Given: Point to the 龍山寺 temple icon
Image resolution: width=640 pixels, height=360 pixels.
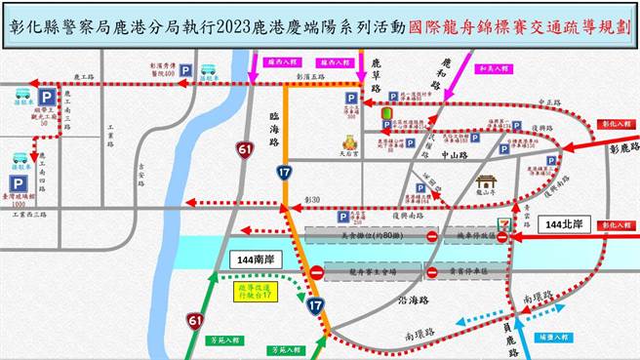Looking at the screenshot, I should click(x=486, y=182).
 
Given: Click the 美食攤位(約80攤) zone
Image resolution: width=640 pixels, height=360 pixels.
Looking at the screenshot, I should click(x=366, y=236).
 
